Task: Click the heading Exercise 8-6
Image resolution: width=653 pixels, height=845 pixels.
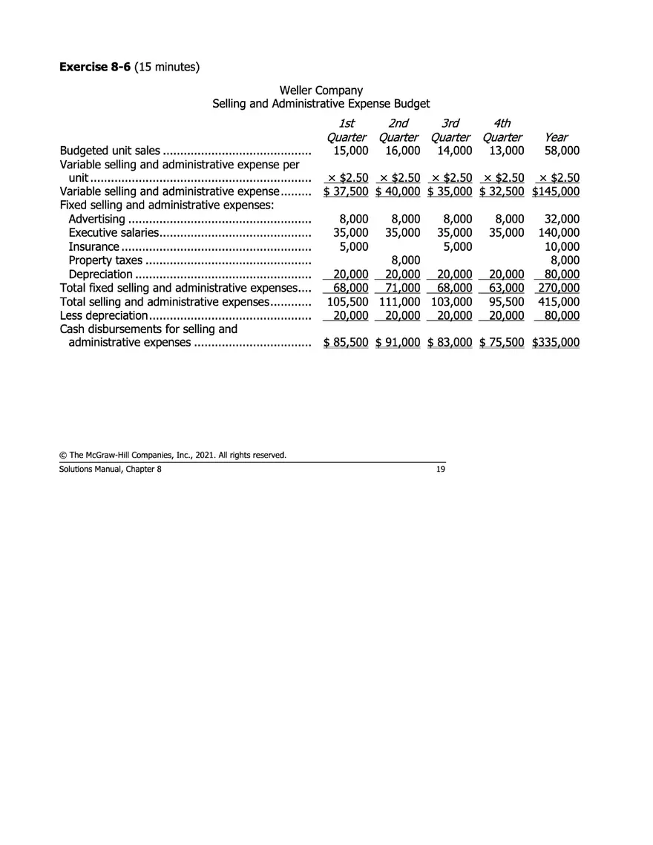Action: point(95,68)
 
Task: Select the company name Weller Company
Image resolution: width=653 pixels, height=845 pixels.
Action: point(321,91)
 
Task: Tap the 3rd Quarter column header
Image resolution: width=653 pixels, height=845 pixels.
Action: point(450,130)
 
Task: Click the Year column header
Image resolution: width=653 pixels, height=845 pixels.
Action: point(556,137)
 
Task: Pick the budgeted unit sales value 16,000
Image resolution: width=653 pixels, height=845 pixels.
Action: point(403,151)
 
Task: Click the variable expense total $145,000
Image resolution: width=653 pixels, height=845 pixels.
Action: point(556,191)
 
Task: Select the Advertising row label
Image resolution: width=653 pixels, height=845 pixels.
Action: point(96,219)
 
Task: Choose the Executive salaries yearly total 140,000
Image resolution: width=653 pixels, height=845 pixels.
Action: point(559,232)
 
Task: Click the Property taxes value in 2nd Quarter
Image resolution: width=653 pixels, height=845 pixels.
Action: point(406,260)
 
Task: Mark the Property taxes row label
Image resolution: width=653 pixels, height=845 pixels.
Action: point(105,260)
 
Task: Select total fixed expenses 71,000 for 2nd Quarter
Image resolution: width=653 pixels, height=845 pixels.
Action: point(403,288)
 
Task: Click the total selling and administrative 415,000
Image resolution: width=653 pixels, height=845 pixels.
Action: point(559,302)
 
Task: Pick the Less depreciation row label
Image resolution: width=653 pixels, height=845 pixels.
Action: point(103,315)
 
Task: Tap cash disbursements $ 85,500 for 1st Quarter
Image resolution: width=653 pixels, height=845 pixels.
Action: point(346,343)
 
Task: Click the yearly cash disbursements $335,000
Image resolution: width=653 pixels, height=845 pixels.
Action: point(556,343)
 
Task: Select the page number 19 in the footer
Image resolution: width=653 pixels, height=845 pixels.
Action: point(440,469)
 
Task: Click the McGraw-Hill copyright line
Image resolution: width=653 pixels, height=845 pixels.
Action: point(172,455)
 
